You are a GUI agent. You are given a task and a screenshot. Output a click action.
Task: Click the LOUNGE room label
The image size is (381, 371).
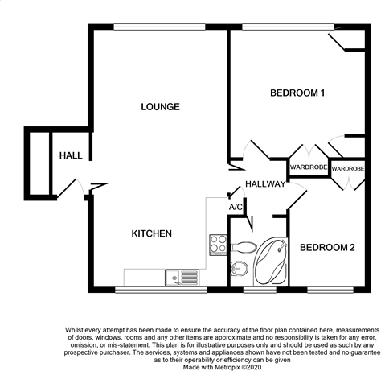(x=160, y=107)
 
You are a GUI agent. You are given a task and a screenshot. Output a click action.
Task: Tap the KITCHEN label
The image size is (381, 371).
(x=151, y=233)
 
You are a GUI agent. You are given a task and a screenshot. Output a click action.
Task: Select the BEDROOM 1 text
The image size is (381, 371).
(x=297, y=93)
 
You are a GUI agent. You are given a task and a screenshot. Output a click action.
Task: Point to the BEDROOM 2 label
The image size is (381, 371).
(x=327, y=247)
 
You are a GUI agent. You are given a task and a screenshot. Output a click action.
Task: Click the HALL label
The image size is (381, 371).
(x=71, y=155)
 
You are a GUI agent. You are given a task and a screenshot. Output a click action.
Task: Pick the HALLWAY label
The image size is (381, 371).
(x=265, y=184)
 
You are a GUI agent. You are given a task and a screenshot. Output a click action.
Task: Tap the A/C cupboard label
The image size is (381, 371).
(x=236, y=207)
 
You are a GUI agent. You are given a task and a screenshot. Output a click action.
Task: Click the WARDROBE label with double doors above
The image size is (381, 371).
(x=309, y=167)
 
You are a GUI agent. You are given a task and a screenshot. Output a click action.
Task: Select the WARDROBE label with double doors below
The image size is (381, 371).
(x=348, y=168)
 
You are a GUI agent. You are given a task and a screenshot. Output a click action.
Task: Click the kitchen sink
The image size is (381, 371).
(x=182, y=278)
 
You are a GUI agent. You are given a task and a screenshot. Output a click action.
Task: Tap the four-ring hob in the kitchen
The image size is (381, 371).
(x=218, y=245)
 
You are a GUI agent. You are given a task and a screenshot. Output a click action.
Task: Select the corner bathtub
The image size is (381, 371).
(x=271, y=262)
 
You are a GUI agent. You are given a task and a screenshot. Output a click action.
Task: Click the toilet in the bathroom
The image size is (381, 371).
(x=242, y=247)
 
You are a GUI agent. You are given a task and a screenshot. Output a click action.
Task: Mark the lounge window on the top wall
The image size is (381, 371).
(x=159, y=27)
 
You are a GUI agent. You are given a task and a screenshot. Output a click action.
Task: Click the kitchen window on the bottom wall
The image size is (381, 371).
(x=161, y=290)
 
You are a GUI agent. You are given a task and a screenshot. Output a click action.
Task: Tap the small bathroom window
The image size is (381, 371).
(x=260, y=290)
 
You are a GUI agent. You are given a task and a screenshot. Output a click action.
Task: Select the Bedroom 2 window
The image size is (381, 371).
(x=330, y=290)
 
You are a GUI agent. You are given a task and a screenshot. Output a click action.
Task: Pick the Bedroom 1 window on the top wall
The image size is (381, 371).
(x=288, y=27)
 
